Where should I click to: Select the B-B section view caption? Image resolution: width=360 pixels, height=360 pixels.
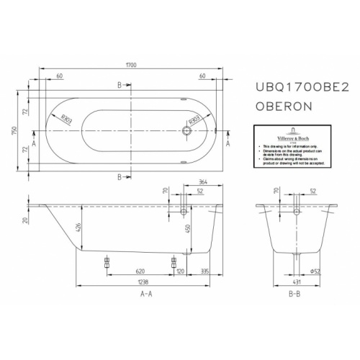(x=295, y=295)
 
